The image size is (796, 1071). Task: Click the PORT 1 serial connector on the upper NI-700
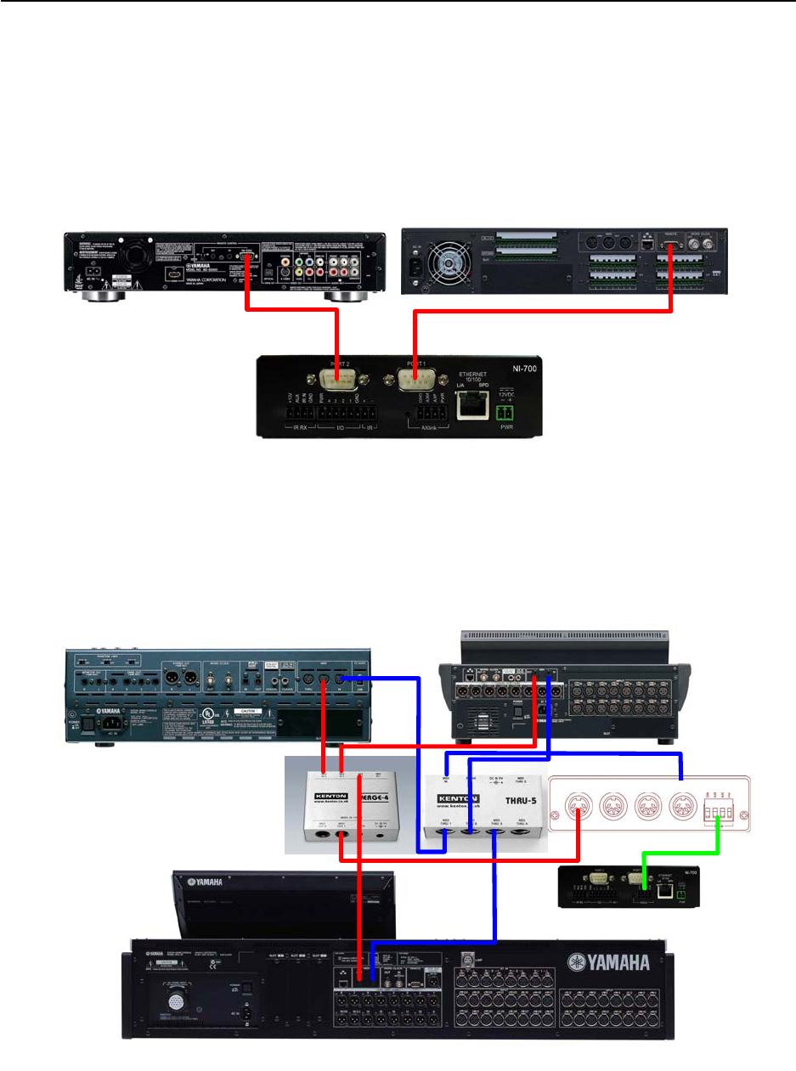[x=412, y=380]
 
